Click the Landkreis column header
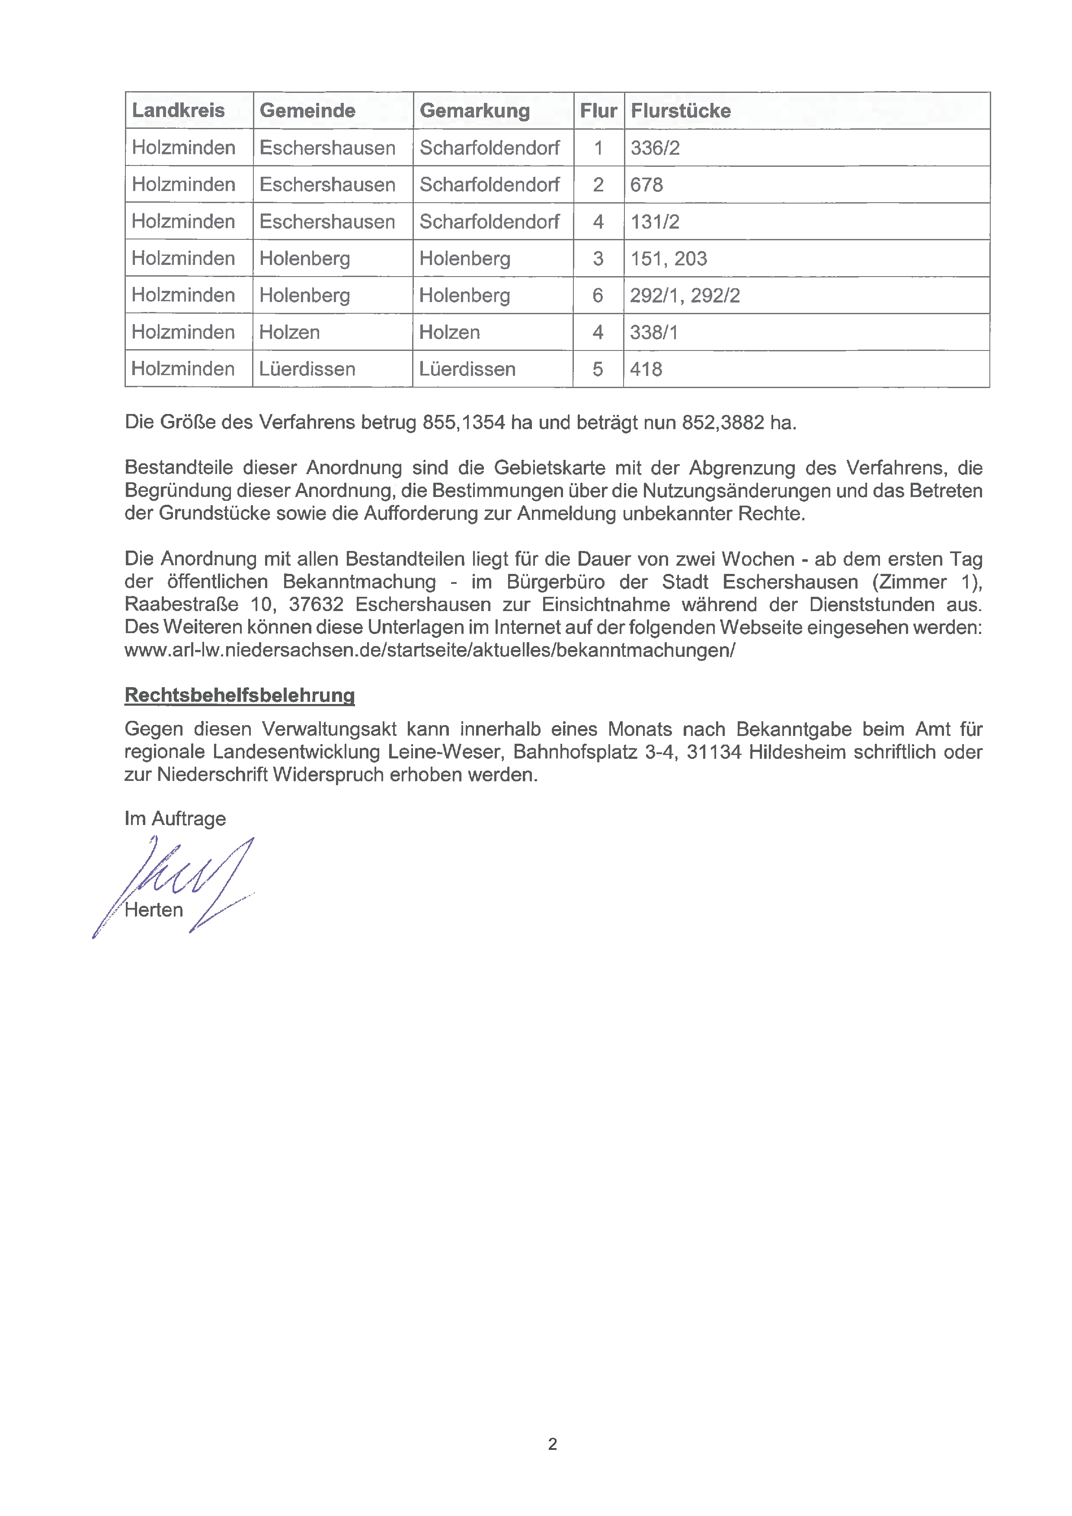pos(178,110)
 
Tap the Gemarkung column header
pos(474,110)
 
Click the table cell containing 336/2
pos(655,148)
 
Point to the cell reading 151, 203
pos(669,258)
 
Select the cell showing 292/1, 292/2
pos(685,295)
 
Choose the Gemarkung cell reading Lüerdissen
pos(467,369)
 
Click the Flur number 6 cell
pos(598,295)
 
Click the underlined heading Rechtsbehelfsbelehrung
pos(240,695)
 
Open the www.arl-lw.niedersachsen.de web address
pos(429,650)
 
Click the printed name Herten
pos(154,910)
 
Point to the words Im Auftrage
pos(175,819)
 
